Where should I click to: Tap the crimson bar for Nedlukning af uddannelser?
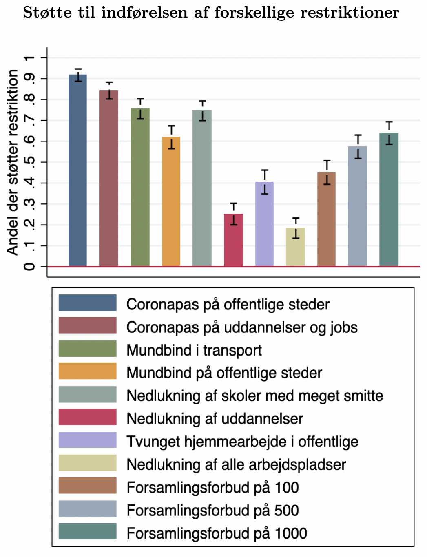click(x=233, y=240)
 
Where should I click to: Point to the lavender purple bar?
click(x=264, y=224)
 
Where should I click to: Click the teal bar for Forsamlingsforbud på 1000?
click(x=389, y=199)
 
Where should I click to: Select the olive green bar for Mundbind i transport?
click(x=140, y=187)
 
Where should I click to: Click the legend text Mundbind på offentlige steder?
click(x=224, y=373)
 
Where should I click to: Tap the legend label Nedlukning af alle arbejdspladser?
click(x=236, y=464)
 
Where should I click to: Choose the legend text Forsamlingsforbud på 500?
click(x=212, y=510)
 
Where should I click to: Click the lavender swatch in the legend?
click(x=87, y=440)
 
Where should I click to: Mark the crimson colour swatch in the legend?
click(x=87, y=418)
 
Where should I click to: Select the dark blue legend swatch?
click(x=87, y=303)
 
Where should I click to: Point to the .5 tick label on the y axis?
click(x=29, y=162)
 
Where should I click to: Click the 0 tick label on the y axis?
click(x=29, y=267)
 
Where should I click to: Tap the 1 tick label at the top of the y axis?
click(x=29, y=58)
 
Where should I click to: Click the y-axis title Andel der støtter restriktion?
click(x=13, y=162)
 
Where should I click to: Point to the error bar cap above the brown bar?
click(x=327, y=161)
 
